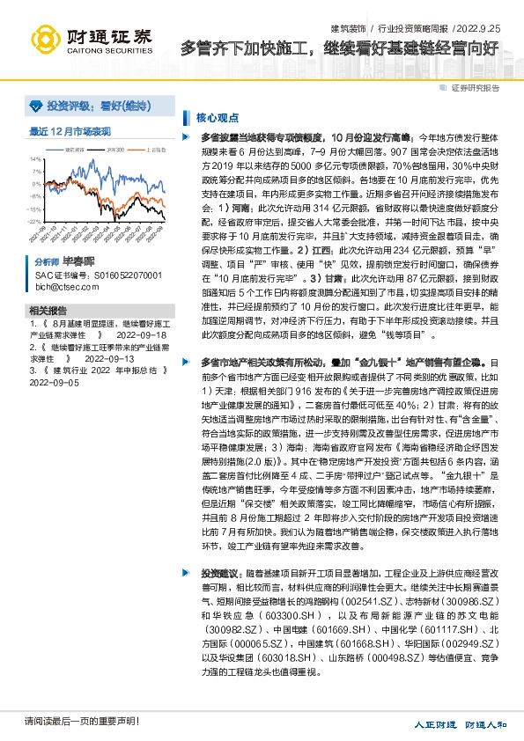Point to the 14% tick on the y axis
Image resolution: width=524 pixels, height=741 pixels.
[36, 159]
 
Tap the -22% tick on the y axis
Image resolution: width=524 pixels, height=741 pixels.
[36, 223]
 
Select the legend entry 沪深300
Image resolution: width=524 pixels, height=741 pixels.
[115, 150]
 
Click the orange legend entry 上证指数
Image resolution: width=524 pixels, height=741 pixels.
[155, 150]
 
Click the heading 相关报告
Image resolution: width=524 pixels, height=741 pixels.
[48, 312]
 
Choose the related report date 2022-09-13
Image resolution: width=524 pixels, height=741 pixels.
[108, 359]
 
